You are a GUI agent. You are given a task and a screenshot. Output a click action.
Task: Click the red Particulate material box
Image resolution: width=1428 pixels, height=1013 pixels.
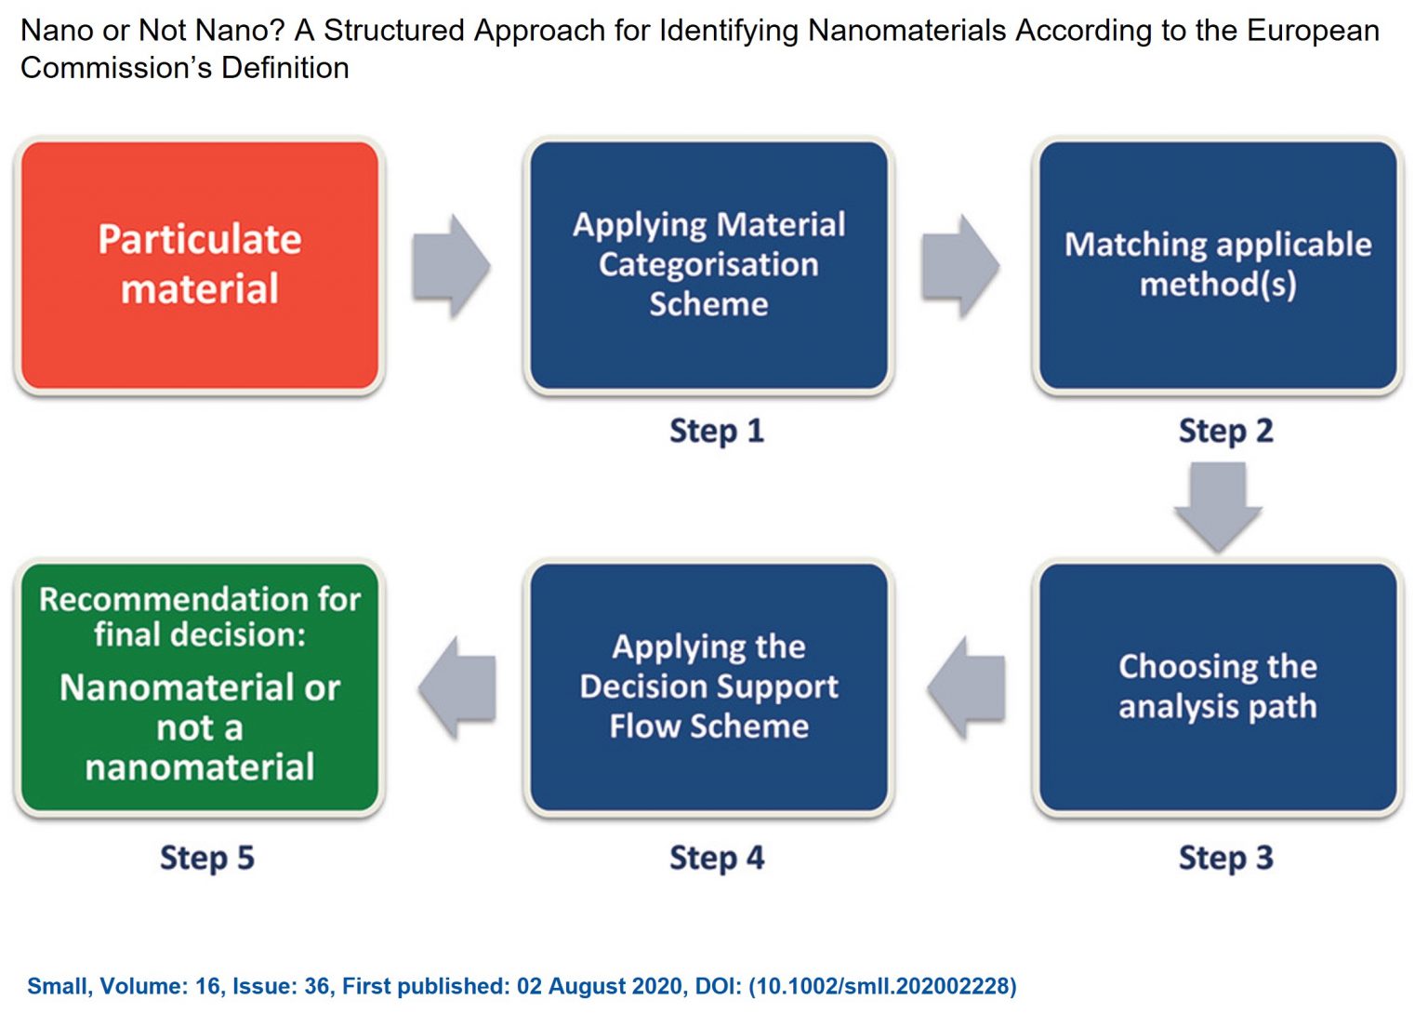(200, 265)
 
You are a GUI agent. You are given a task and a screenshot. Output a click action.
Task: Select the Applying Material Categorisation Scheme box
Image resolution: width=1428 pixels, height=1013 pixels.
(709, 265)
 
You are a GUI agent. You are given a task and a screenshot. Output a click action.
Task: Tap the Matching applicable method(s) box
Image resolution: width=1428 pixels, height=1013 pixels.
(1218, 265)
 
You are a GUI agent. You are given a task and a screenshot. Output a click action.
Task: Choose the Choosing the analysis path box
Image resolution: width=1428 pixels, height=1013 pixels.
(1218, 687)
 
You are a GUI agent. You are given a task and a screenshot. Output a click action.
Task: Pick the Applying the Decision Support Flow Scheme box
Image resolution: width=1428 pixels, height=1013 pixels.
(709, 687)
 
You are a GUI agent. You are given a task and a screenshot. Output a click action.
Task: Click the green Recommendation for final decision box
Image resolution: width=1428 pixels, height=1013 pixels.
(200, 687)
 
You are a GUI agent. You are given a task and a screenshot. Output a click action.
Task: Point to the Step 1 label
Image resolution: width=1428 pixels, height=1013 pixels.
(717, 432)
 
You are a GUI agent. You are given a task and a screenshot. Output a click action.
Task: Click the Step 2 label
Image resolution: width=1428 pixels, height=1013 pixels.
(1226, 432)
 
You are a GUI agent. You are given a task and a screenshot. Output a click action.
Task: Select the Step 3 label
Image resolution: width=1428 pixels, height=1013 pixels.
(1226, 858)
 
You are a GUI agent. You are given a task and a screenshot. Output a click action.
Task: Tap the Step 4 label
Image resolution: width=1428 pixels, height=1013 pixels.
(717, 858)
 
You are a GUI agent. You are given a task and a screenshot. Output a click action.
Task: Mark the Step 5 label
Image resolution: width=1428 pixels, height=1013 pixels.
(207, 858)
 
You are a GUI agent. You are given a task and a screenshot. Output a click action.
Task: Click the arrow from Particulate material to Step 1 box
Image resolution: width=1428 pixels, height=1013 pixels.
(451, 265)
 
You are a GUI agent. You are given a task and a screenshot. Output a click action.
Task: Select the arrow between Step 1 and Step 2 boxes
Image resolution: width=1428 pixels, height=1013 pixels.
(960, 265)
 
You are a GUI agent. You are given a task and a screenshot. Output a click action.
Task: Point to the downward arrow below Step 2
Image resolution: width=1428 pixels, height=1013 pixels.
(1218, 507)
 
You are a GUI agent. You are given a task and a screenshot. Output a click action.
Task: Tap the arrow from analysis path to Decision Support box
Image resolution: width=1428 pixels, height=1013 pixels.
(966, 687)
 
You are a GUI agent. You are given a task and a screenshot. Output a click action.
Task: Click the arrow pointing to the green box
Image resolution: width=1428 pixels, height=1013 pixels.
(457, 687)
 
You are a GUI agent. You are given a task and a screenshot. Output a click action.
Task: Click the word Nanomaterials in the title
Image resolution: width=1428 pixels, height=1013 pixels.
(907, 31)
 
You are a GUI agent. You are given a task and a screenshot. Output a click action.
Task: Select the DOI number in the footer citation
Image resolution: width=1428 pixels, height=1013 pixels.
(882, 986)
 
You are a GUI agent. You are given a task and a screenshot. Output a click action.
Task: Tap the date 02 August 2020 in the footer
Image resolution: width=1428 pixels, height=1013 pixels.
(600, 986)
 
